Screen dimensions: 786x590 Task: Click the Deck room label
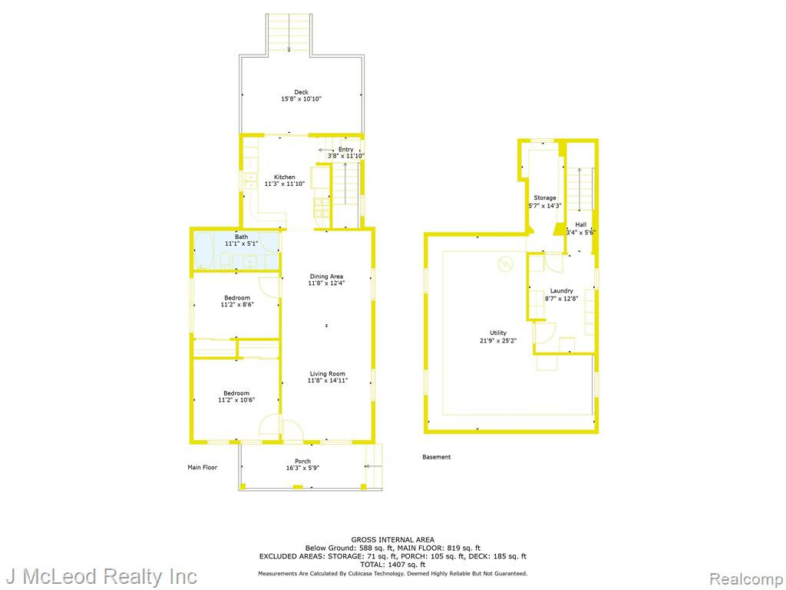[x=301, y=92]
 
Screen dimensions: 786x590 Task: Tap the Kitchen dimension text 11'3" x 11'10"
[x=284, y=184]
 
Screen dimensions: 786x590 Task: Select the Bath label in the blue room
[x=242, y=237]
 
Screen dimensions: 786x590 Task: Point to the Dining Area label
[x=326, y=277]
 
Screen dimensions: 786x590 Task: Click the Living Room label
[x=327, y=374]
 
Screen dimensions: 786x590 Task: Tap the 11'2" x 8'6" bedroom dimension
[x=237, y=304]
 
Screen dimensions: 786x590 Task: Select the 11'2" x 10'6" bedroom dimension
[x=236, y=399]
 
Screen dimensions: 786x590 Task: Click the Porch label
[x=302, y=461]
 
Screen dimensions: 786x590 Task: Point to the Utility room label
[x=498, y=333]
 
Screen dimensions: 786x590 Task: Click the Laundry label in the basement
[x=561, y=291]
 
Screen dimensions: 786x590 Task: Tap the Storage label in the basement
[x=545, y=198]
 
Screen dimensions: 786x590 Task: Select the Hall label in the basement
[x=581, y=225]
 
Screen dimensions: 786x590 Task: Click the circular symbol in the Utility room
[x=505, y=264]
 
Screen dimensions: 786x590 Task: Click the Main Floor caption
[x=203, y=468]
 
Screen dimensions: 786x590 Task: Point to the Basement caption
[x=437, y=457]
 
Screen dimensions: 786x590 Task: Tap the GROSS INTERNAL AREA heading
[x=392, y=540]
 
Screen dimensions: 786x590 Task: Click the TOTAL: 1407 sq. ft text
[x=392, y=565]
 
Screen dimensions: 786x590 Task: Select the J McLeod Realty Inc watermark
[x=102, y=576]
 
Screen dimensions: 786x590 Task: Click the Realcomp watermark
[x=745, y=578]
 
